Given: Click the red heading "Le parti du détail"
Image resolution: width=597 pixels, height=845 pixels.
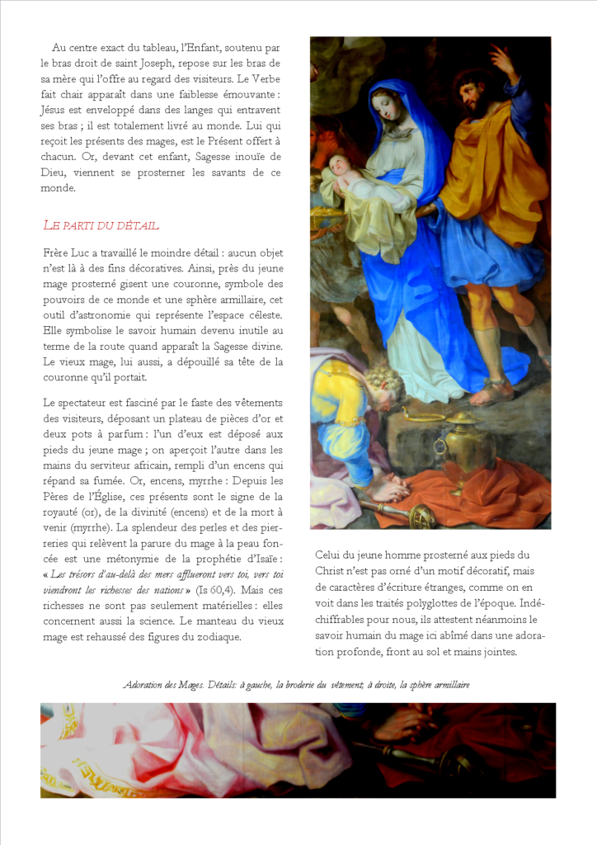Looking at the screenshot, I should pos(100,225).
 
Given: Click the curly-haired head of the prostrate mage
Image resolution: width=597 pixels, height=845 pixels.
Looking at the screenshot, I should pos(386,384).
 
